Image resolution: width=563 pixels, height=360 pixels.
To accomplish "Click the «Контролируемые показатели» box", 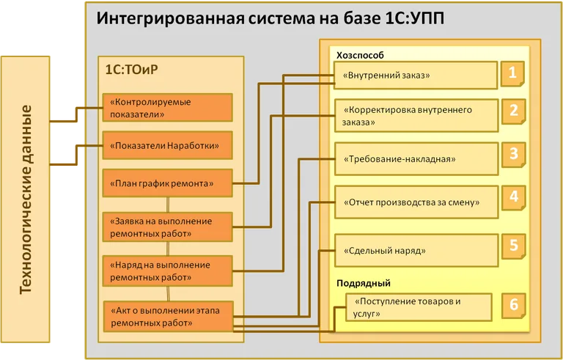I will click(168, 108).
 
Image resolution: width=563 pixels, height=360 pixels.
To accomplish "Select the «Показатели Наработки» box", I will click(168, 145).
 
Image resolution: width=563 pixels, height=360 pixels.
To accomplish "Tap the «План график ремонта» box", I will click(168, 183).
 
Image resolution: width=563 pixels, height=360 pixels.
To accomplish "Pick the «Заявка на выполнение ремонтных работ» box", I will click(168, 227).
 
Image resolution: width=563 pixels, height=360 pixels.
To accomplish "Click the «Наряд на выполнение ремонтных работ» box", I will click(168, 271).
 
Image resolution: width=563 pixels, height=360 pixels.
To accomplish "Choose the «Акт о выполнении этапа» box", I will click(168, 316).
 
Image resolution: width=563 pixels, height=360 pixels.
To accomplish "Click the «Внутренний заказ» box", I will click(415, 75).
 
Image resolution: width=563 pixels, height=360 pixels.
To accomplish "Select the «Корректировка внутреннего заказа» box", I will click(415, 116).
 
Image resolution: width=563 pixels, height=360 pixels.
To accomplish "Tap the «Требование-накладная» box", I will click(415, 158).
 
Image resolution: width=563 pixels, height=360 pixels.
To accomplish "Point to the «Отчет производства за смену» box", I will click(415, 202).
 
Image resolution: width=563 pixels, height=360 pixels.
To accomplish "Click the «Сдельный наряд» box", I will click(415, 250).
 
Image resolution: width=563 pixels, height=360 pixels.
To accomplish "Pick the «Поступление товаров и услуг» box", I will click(418, 307).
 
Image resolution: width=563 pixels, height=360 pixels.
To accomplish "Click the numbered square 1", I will click(513, 73).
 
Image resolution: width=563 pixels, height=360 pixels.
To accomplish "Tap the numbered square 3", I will click(514, 154).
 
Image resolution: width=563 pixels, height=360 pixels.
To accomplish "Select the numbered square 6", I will click(514, 304).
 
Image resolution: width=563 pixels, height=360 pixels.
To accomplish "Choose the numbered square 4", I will click(514, 196).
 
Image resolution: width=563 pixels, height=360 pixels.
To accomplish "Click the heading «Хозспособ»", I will click(360, 55).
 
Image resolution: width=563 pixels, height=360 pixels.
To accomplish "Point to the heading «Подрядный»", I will click(363, 283).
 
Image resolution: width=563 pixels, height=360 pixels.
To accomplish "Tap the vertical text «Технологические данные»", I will click(26, 199).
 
